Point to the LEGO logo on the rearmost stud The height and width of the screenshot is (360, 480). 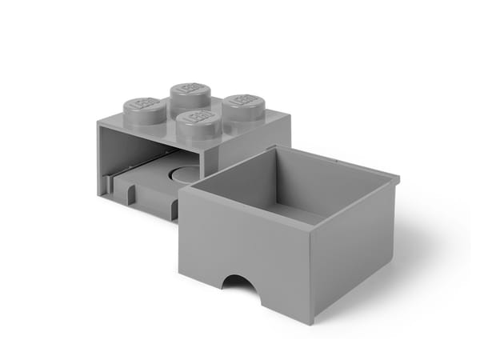(x=189, y=86)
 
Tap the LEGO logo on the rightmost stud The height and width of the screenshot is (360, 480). (x=242, y=102)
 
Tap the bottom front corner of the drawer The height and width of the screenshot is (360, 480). (x=314, y=322)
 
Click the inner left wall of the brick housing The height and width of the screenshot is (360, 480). (x=112, y=160)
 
